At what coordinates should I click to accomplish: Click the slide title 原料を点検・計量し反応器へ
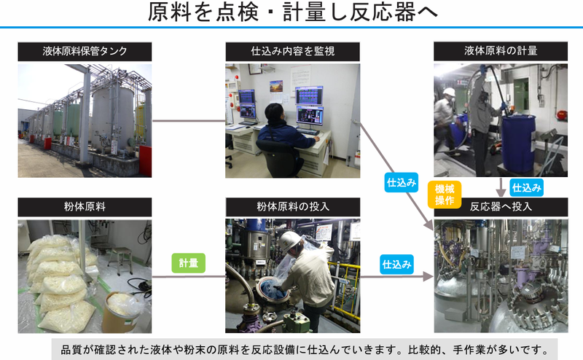click(x=291, y=12)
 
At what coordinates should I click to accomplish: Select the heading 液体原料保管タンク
click(x=85, y=52)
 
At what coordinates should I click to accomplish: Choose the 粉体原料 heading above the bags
click(x=85, y=206)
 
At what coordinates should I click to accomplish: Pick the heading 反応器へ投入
click(x=501, y=206)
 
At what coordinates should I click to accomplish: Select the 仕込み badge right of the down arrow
click(x=526, y=187)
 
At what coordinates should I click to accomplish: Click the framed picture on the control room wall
click(x=276, y=85)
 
